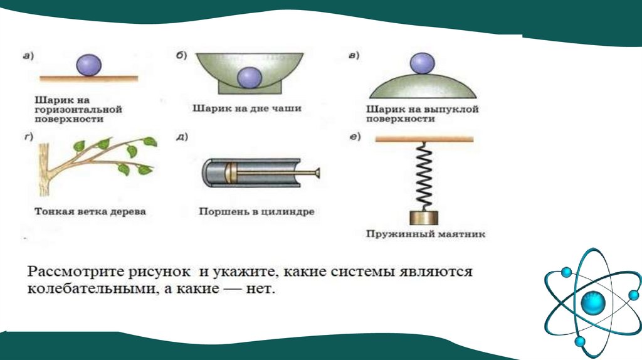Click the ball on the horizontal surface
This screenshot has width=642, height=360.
point(88,65)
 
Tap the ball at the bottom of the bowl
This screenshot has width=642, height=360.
point(250,77)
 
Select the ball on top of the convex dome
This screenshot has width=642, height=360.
point(421,63)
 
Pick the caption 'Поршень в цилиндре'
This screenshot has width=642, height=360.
point(256,211)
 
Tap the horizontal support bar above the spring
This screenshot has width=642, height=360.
point(424,140)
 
